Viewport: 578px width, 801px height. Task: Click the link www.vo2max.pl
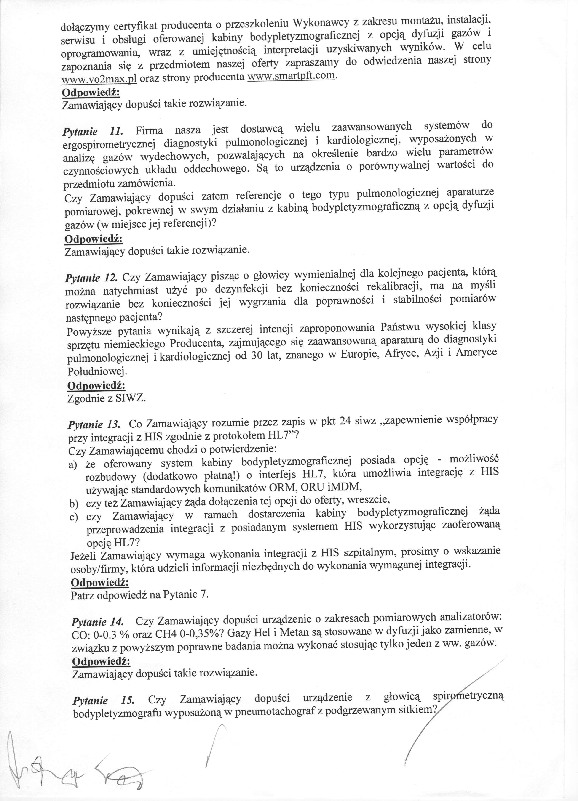[x=99, y=79]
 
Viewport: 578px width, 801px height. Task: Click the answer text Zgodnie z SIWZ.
[x=106, y=398]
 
